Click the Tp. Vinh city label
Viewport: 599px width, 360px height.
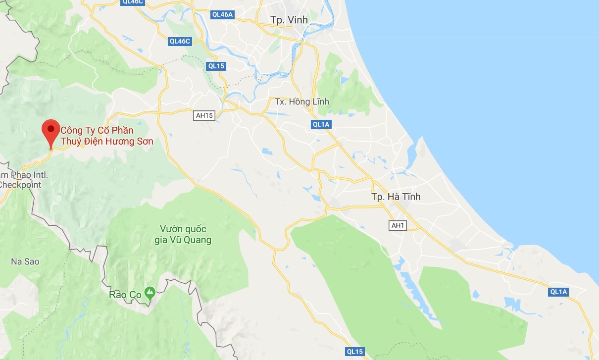[x=289, y=20]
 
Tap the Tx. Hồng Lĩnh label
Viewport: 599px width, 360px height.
[x=302, y=102]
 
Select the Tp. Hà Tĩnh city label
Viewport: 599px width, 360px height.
[x=396, y=197]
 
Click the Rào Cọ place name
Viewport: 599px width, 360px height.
[x=125, y=295]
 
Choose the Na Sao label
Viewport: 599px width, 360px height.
[x=25, y=261]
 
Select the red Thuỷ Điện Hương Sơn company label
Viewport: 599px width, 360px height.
[x=106, y=136]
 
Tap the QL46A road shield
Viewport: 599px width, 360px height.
[x=222, y=14]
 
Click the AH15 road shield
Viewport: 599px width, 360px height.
[x=204, y=115]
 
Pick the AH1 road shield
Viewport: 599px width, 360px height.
[x=398, y=225]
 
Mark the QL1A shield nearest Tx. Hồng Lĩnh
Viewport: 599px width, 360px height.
[x=321, y=124]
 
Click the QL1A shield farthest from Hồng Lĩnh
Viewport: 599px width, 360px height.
[x=558, y=292]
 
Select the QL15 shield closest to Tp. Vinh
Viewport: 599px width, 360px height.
[x=216, y=66]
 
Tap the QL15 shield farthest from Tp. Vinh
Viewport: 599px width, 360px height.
[x=354, y=352]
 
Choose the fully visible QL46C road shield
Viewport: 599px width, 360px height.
[x=180, y=41]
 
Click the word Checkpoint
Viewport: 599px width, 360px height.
[x=20, y=185]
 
